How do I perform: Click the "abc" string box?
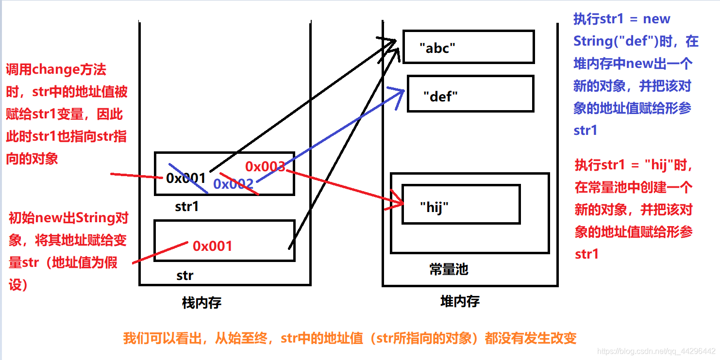(x=468, y=47)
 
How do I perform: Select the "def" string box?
(x=470, y=94)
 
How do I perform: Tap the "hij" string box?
(x=461, y=204)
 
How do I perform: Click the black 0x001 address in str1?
(x=185, y=179)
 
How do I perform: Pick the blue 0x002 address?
(x=233, y=184)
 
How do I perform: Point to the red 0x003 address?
(x=265, y=167)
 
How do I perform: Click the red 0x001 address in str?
(x=212, y=246)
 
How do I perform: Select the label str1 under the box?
(x=187, y=207)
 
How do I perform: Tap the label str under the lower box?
(x=184, y=276)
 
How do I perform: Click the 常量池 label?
(x=449, y=269)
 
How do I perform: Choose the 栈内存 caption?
(x=201, y=303)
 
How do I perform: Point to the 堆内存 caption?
(x=459, y=302)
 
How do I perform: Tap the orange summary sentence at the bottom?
(x=350, y=338)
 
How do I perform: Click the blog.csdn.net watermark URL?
(x=656, y=351)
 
